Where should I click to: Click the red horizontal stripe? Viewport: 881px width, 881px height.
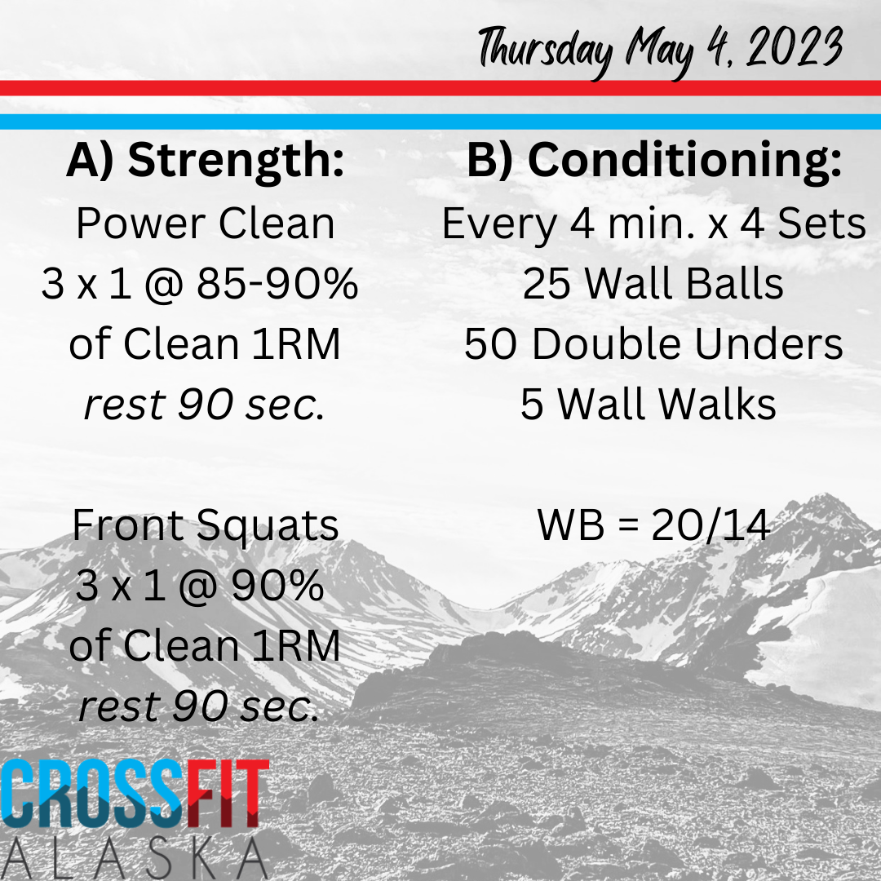click(x=440, y=88)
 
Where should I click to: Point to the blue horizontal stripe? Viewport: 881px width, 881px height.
click(x=440, y=122)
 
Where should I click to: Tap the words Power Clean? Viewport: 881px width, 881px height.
click(x=206, y=224)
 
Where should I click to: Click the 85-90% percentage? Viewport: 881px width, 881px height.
click(x=277, y=283)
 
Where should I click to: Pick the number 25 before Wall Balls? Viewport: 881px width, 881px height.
click(x=546, y=284)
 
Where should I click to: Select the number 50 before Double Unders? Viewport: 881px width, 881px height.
click(x=489, y=344)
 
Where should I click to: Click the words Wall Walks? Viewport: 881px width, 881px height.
click(x=667, y=404)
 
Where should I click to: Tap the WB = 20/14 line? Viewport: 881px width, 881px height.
click(x=653, y=525)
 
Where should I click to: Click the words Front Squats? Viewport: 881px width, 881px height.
click(x=206, y=525)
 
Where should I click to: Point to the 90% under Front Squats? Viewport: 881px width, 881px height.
click(x=277, y=586)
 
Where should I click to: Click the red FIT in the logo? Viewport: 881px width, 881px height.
click(x=228, y=794)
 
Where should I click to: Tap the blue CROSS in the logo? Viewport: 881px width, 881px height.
click(x=93, y=794)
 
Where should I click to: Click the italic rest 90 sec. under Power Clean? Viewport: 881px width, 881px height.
click(x=205, y=405)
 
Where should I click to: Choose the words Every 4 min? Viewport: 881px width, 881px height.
click(x=545, y=224)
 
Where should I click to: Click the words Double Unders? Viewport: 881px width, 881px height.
click(x=687, y=344)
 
